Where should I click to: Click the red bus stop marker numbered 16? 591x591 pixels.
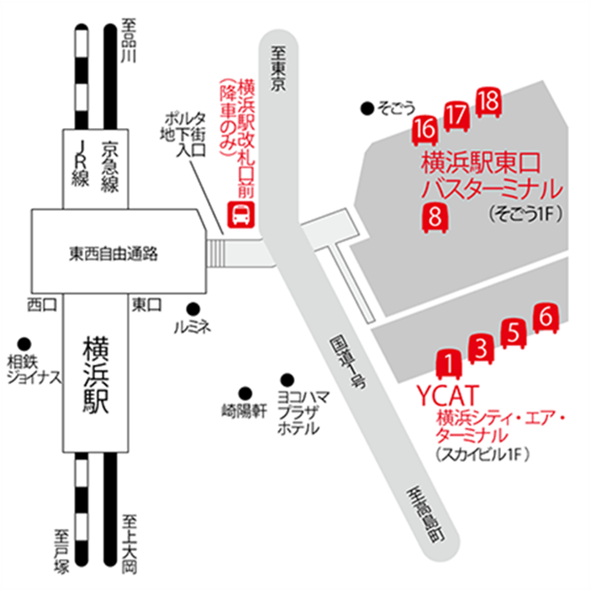[x=425, y=130]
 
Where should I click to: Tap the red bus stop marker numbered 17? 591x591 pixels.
[x=456, y=115]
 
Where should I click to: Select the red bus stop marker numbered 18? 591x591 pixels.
[x=488, y=102]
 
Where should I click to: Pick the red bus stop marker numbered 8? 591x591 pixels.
[x=435, y=216]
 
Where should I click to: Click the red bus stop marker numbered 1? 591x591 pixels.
[x=449, y=364]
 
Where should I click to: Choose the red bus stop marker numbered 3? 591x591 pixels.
[x=481, y=348]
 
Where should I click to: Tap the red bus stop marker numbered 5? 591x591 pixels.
[x=513, y=333]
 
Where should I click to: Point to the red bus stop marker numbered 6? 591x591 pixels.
[x=546, y=318]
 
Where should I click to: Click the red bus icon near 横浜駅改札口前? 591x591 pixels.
[x=241, y=215]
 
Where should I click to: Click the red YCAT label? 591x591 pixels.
[x=448, y=395]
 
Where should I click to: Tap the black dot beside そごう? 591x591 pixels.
[x=366, y=107]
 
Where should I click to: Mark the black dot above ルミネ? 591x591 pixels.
[x=193, y=307]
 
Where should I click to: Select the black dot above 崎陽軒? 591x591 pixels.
[x=246, y=391]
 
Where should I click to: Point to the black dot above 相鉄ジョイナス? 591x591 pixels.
[x=23, y=343]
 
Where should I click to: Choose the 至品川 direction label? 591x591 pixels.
[x=128, y=40]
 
